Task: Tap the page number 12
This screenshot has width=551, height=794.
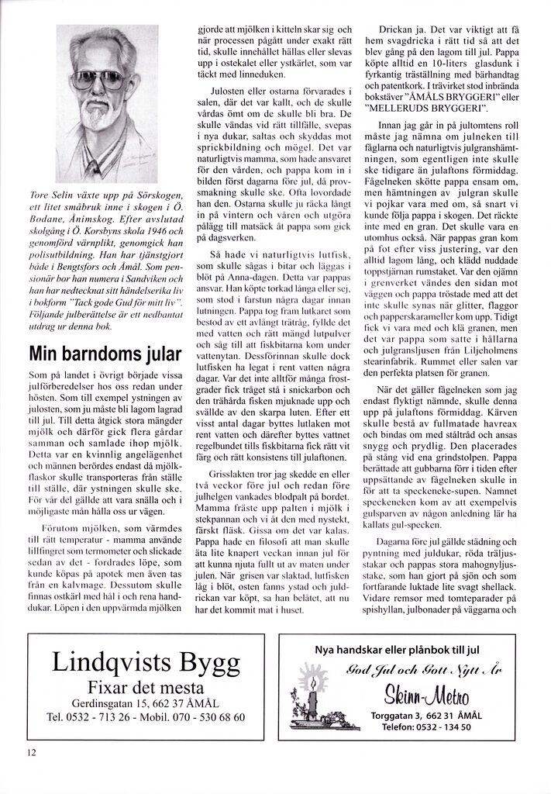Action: [31, 751]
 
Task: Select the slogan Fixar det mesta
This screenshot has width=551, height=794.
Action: [146, 688]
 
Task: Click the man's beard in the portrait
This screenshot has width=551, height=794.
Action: [95, 116]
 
